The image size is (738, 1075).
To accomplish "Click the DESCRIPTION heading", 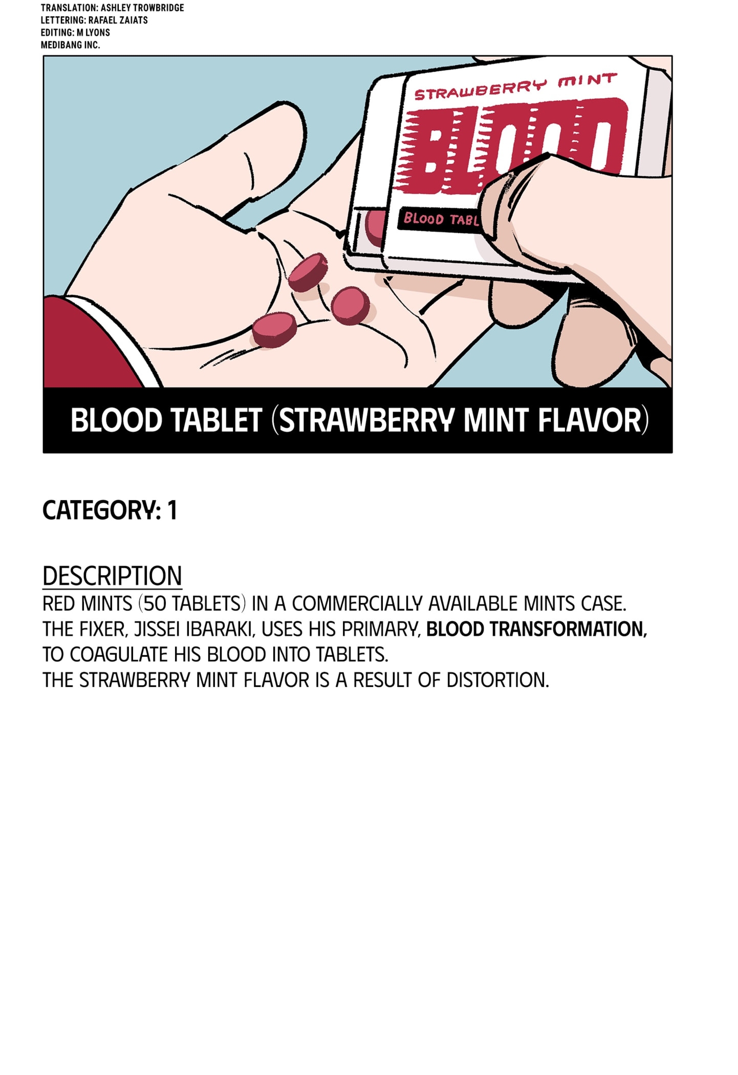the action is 112,576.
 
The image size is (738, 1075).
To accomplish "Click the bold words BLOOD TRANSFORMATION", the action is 536,629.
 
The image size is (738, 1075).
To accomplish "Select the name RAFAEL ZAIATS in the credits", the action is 118,20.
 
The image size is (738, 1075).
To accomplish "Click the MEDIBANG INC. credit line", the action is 70,45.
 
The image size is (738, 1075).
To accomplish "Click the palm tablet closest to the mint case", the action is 350,306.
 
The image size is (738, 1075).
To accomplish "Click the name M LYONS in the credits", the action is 93,33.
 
